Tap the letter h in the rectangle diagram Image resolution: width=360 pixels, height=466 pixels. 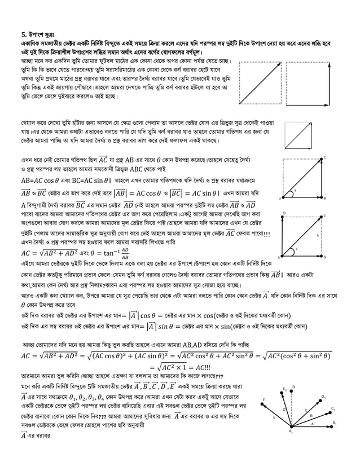[319, 236]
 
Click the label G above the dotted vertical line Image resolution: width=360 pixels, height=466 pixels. [293, 387]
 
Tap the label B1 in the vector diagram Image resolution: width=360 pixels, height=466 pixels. [334, 423]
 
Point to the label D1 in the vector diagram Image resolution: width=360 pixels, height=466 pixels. [323, 397]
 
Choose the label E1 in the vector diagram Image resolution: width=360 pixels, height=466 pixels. [286, 389]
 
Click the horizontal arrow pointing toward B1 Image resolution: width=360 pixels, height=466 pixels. [310, 426]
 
